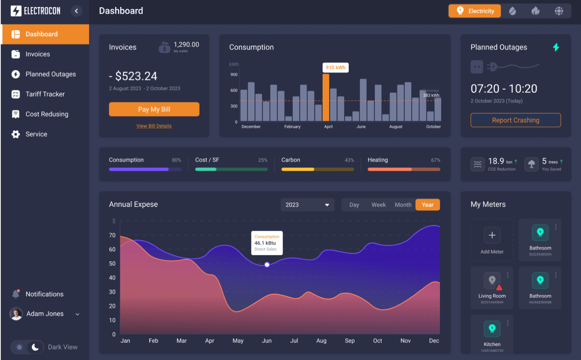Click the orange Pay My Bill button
tap(154, 109)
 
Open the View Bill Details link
tap(154, 126)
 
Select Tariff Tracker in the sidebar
tap(45, 94)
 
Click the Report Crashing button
tap(515, 120)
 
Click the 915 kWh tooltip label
tap(335, 67)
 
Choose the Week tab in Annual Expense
tap(378, 205)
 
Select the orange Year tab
tap(427, 205)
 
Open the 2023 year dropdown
tap(307, 205)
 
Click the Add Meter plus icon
tap(492, 235)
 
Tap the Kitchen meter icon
tap(492, 328)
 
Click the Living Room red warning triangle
tap(499, 288)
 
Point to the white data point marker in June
tap(267, 265)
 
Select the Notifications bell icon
tap(16, 294)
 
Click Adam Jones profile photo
tap(16, 314)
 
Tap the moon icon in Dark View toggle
tap(35, 347)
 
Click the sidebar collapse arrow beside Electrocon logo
tap(76, 11)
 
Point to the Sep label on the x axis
tap(350, 340)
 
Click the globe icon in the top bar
tap(559, 11)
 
